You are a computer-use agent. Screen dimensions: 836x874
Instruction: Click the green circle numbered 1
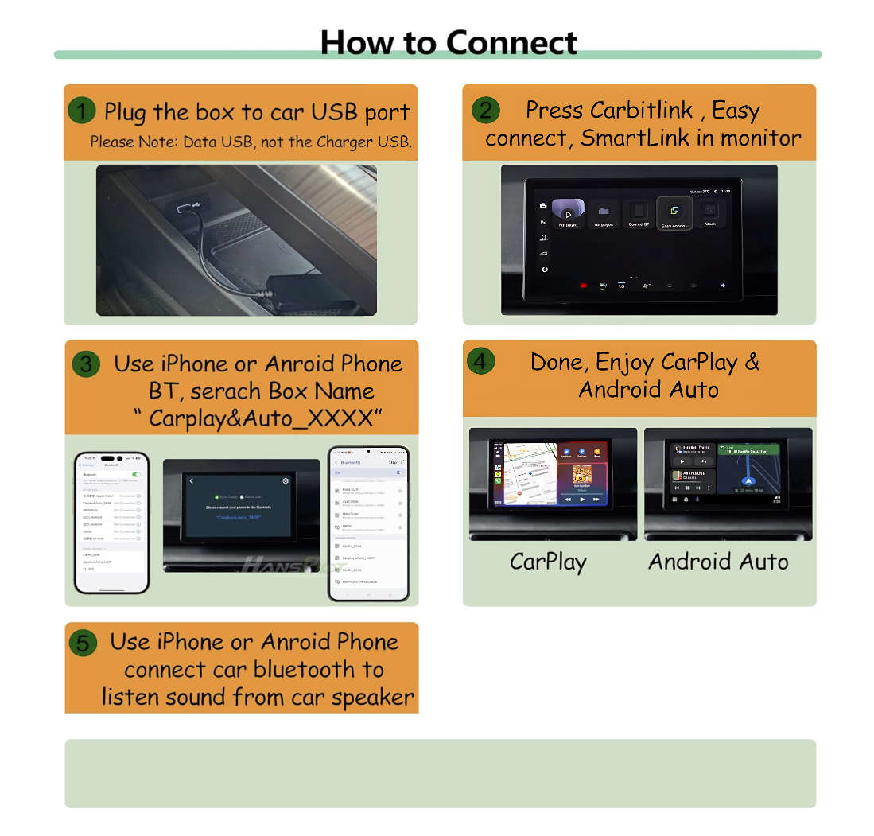tap(82, 111)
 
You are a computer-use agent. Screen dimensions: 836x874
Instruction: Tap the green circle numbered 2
tap(486, 110)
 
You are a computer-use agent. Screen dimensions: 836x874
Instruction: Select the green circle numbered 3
tap(86, 364)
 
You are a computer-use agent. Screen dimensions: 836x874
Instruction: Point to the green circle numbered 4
tap(480, 361)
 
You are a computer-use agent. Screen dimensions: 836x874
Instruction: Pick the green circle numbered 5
tap(83, 643)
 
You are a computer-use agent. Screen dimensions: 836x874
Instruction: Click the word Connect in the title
tap(511, 42)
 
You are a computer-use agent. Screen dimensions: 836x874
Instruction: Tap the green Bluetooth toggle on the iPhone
tap(137, 474)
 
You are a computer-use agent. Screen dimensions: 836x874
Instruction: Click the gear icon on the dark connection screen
tap(286, 481)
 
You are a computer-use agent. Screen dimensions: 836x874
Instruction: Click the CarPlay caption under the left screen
tap(548, 562)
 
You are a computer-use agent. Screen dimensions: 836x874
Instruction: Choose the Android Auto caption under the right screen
tap(717, 562)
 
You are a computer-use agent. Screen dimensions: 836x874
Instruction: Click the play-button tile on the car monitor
tap(568, 213)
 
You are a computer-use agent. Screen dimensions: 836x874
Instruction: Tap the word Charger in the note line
tap(351, 142)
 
